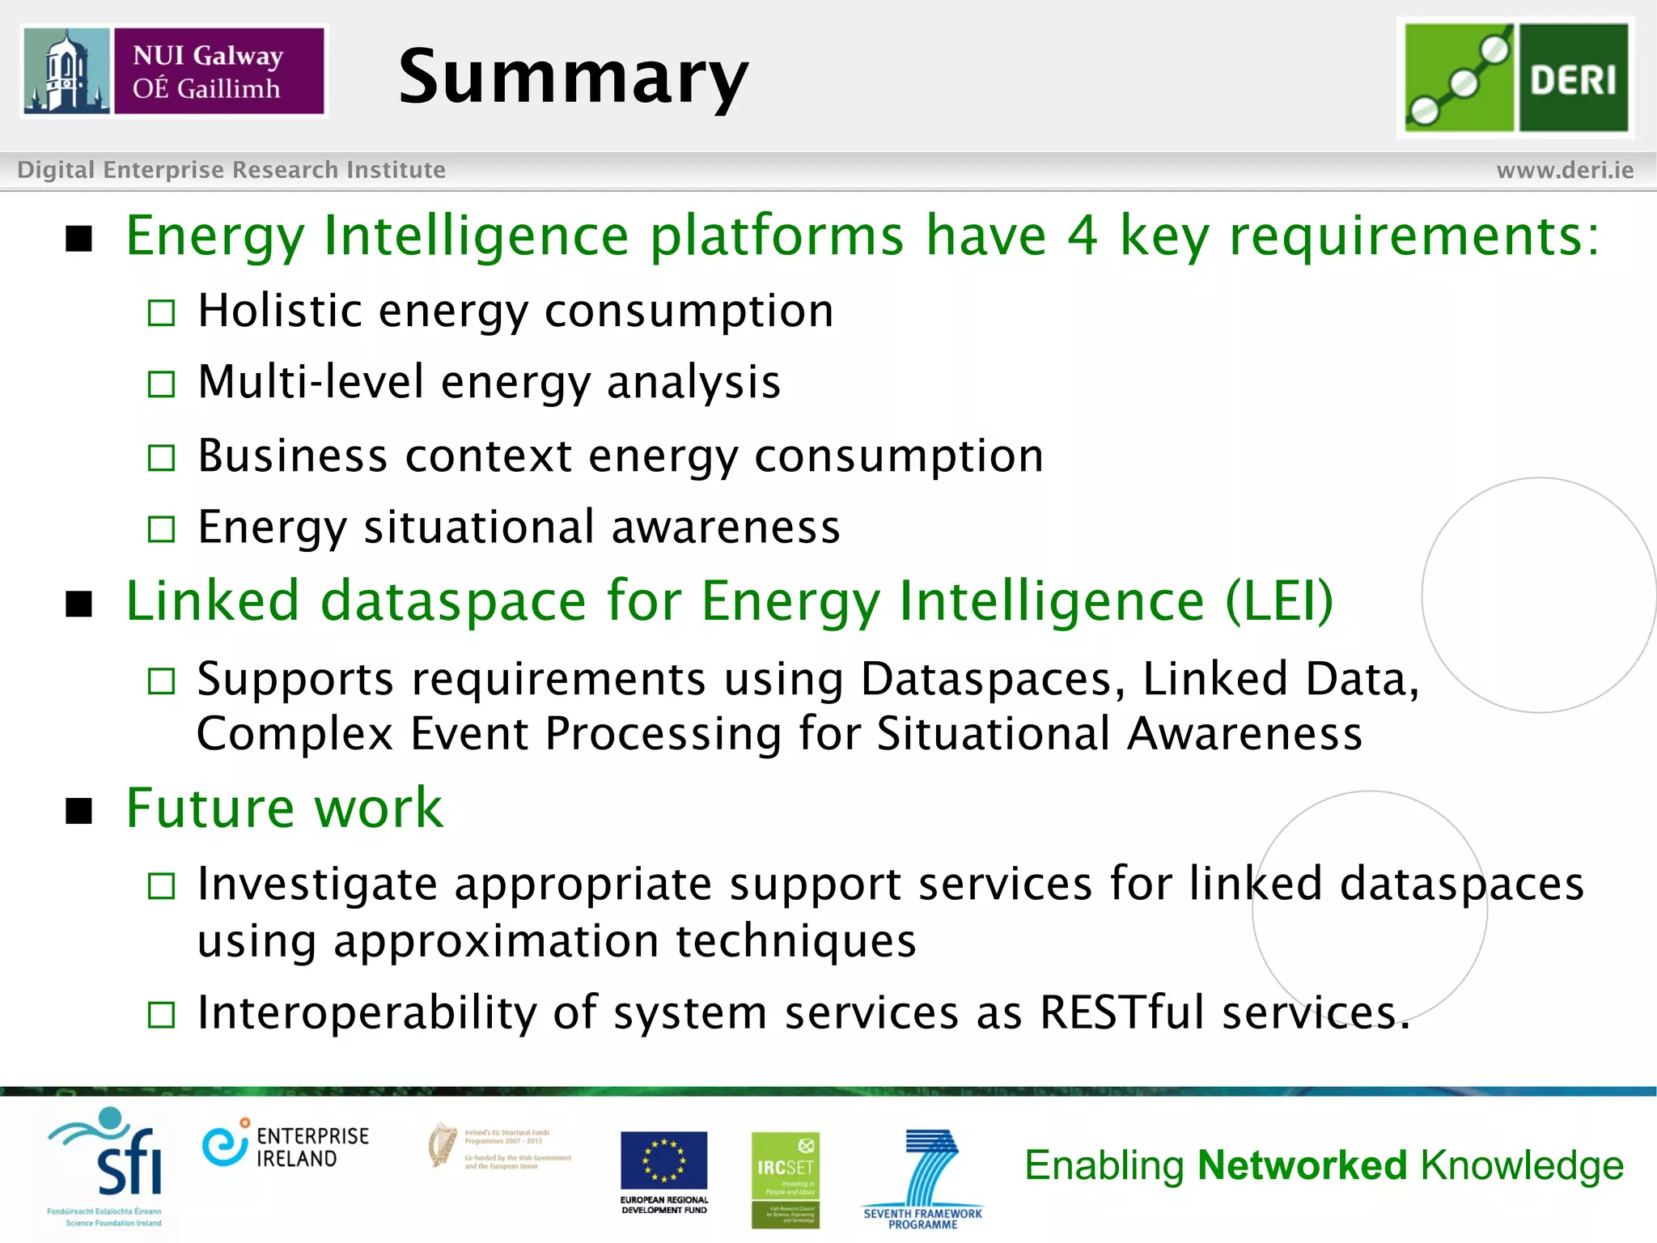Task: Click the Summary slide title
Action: pos(573,78)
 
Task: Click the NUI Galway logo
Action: pos(174,71)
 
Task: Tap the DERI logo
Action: pos(1515,78)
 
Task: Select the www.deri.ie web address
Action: pos(1564,170)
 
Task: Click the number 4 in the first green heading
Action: pos(1083,235)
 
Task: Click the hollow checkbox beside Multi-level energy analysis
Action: pos(162,384)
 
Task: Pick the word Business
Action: pos(293,456)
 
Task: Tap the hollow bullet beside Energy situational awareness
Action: pos(162,529)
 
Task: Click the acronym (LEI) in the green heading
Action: pos(1278,601)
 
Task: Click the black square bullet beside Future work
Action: pos(79,809)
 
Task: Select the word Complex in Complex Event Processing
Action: pos(295,735)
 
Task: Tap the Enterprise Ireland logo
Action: pos(285,1147)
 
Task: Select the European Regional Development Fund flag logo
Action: pos(663,1170)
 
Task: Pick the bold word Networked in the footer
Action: pos(1302,1165)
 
